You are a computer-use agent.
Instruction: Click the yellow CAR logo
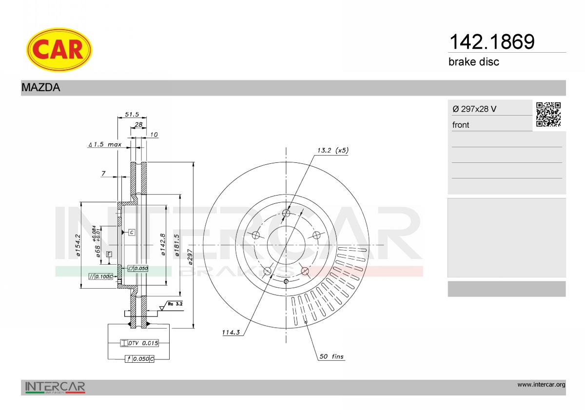point(59,50)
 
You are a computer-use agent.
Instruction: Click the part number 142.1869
point(492,42)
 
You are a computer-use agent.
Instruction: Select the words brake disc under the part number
point(474,62)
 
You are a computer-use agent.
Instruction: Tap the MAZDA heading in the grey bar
point(41,87)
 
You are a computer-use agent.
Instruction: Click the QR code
point(548,115)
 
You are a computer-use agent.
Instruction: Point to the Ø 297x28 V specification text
point(474,109)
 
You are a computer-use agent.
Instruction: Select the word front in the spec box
point(461,125)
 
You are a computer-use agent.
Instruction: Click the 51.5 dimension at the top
point(132,114)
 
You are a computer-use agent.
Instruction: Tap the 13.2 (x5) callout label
point(332,150)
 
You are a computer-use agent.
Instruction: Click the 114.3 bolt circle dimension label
point(231,332)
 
